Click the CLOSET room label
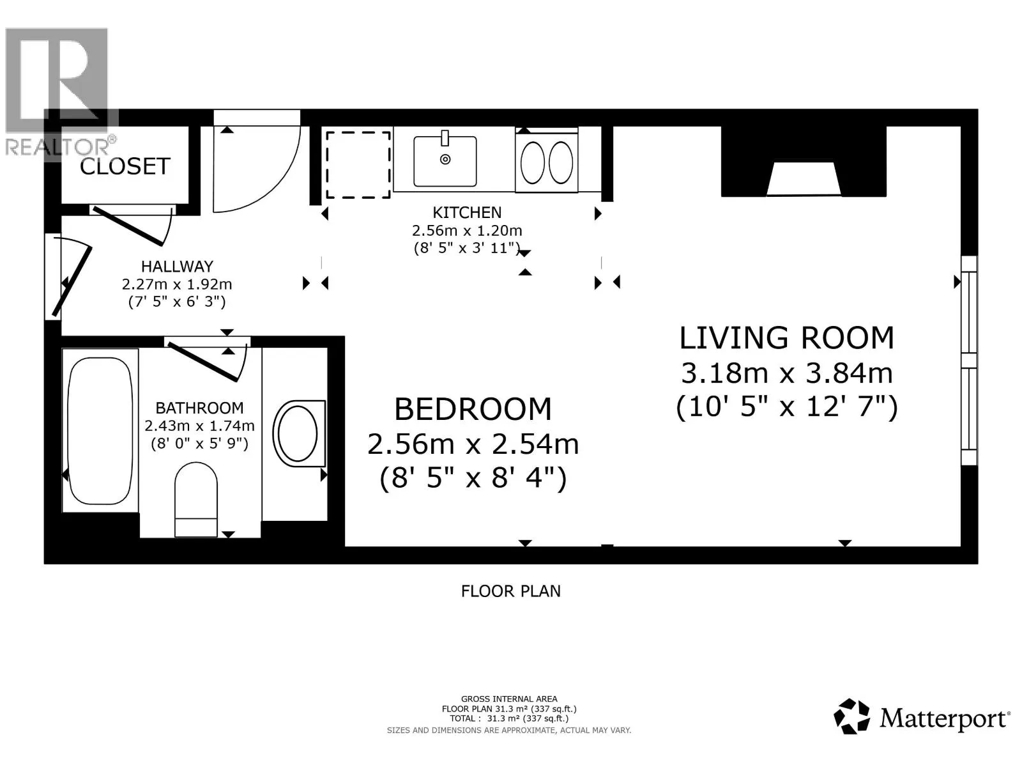[x=125, y=166]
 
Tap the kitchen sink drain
[x=445, y=160]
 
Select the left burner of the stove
[x=532, y=162]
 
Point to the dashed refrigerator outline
[x=358, y=165]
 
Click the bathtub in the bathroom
[x=100, y=430]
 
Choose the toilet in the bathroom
[x=196, y=499]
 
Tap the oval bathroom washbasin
[x=298, y=433]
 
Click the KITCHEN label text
[x=467, y=212]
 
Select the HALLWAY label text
[x=177, y=267]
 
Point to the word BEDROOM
[x=473, y=409]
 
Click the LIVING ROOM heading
[x=787, y=337]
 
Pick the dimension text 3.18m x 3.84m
[x=787, y=373]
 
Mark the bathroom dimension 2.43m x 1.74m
[x=199, y=426]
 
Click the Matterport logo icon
[x=851, y=716]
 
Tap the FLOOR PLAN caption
[x=511, y=591]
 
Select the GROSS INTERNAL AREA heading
[x=509, y=699]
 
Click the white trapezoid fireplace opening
[x=804, y=179]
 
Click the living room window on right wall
[x=970, y=360]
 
